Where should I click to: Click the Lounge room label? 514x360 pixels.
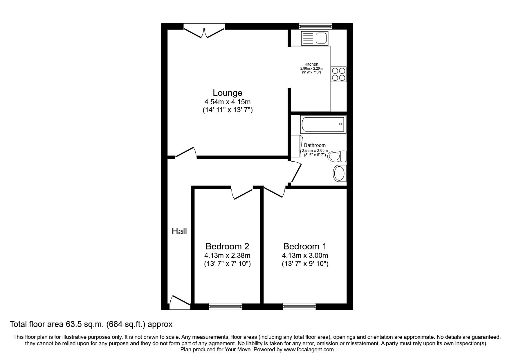(228, 93)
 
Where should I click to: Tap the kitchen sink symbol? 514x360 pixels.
(315, 38)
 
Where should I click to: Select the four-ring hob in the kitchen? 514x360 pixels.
(338, 74)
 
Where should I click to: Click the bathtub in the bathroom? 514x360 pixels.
(322, 125)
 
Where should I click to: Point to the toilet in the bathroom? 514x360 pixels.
(337, 156)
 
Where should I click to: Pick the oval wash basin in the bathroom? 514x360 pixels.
(339, 174)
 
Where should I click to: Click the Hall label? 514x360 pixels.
(179, 231)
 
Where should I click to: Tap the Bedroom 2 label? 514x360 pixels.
(227, 246)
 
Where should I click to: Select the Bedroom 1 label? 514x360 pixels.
(305, 246)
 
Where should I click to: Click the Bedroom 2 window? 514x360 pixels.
(225, 306)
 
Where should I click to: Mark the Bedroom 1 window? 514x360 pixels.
(299, 306)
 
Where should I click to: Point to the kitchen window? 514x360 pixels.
(316, 26)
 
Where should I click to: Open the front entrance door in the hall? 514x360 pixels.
(179, 302)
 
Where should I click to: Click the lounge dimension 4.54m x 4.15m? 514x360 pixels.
(228, 102)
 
